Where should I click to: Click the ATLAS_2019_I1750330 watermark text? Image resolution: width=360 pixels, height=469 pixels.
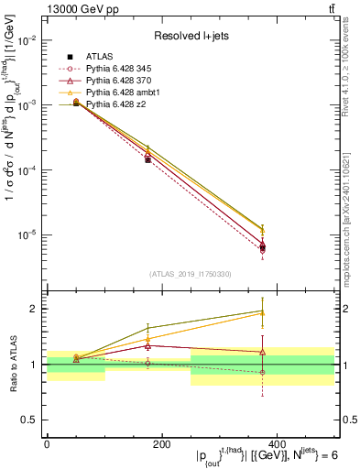(191, 271)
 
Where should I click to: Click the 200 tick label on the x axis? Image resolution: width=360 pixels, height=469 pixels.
(161, 443)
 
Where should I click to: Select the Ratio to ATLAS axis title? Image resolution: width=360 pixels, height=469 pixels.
(11, 365)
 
